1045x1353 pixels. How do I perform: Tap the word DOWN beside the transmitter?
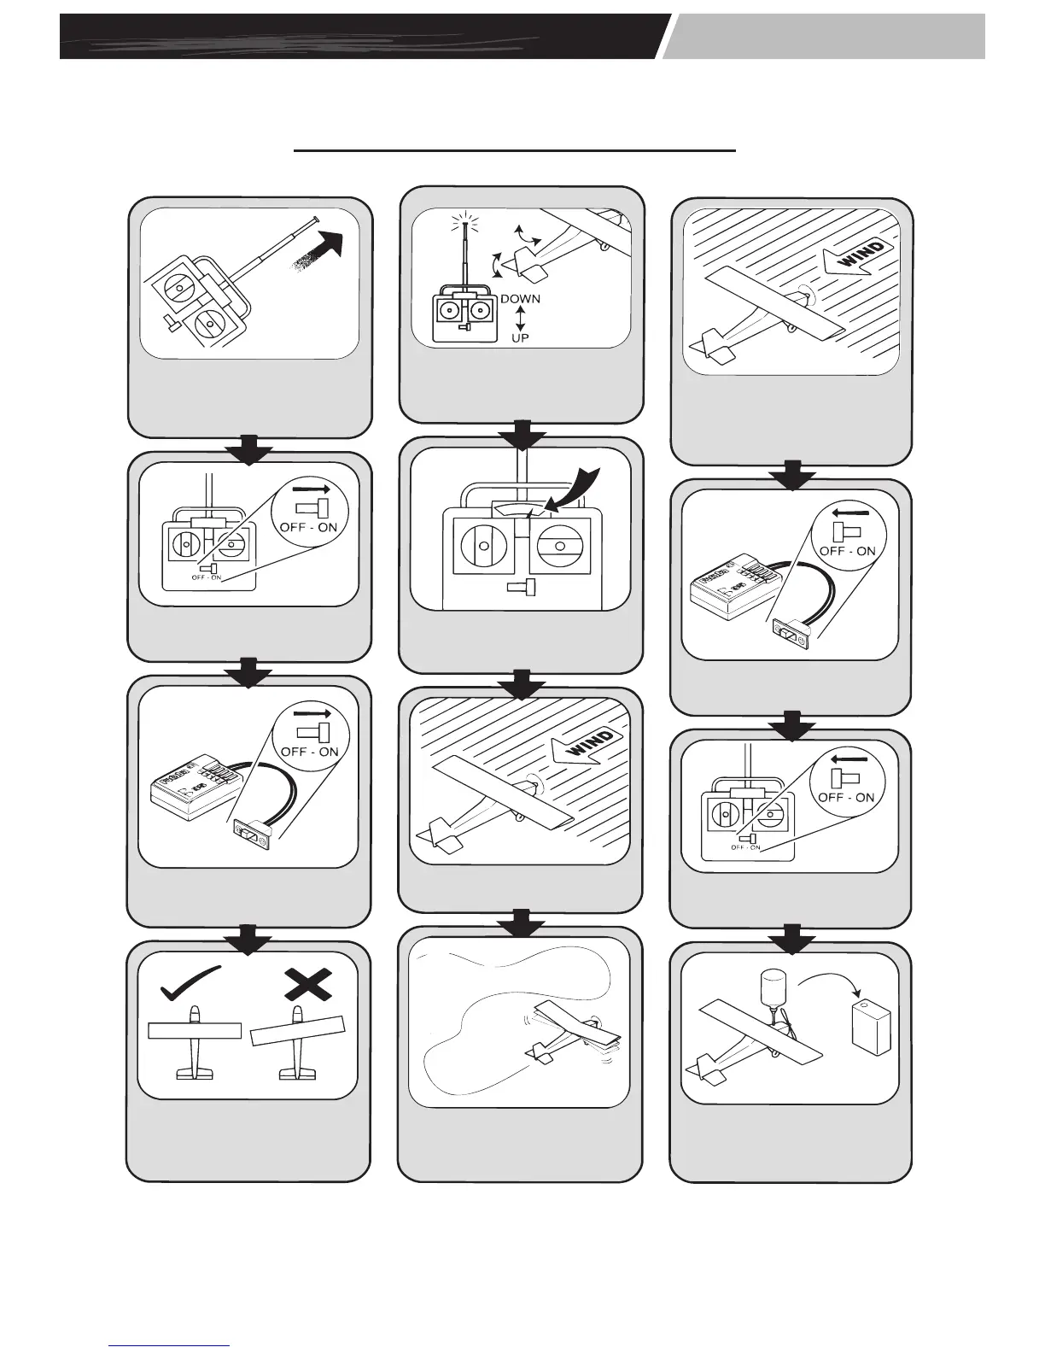520,299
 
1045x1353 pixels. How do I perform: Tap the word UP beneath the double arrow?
520,338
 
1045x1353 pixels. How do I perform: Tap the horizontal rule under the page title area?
515,151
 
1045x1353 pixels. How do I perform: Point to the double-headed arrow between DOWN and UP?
520,319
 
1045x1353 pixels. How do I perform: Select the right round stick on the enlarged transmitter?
558,545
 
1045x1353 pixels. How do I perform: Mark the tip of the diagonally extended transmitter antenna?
317,218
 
